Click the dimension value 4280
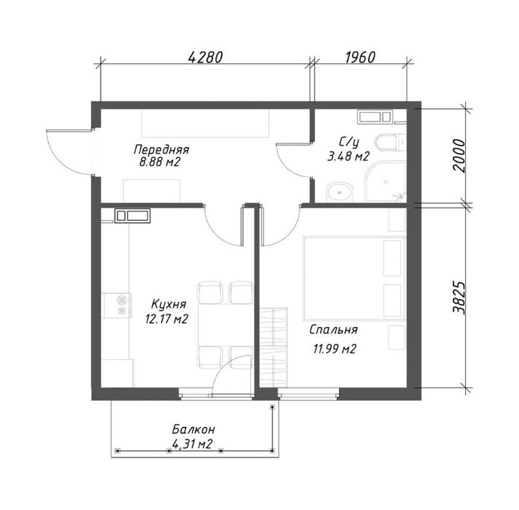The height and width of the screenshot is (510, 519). click(206, 57)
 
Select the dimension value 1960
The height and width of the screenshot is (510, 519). click(360, 57)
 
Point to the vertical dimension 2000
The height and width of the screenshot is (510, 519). click(459, 155)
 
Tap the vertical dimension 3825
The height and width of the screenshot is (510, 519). click(459, 298)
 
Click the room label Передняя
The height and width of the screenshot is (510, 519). click(161, 150)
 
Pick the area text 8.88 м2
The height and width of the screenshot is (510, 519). click(160, 162)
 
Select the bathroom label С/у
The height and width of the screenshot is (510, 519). click(349, 143)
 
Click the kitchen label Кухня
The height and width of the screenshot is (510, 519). click(169, 305)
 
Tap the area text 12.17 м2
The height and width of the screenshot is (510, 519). click(166, 319)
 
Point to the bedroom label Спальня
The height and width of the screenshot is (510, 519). click(334, 330)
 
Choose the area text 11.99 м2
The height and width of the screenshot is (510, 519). click(335, 349)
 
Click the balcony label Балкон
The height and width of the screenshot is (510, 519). click(194, 430)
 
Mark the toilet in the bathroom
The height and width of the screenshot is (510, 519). click(390, 143)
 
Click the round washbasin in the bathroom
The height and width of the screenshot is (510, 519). click(340, 192)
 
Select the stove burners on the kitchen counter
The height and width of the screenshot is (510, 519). click(122, 305)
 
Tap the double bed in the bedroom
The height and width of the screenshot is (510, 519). click(354, 278)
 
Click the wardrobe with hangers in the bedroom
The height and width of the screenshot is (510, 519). click(273, 348)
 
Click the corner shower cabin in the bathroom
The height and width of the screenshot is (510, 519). click(386, 181)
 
